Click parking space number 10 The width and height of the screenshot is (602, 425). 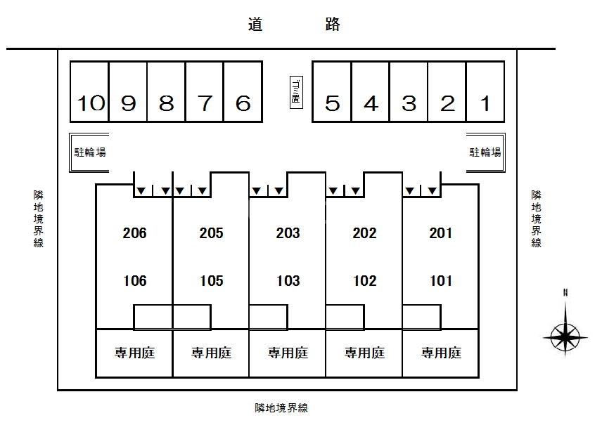90,103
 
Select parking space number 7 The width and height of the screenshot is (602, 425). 205,103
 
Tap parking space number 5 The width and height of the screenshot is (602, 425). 333,103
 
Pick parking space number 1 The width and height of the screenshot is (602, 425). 485,103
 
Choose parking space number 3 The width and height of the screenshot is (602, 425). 409,103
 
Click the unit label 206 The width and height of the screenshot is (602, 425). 134,233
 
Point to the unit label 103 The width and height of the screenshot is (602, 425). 288,281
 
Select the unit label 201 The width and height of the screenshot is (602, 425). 441,233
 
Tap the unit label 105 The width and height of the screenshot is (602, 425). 211,281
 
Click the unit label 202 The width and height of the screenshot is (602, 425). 364,233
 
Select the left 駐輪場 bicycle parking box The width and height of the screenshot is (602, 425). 90,152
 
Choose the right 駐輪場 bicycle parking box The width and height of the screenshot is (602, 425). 485,152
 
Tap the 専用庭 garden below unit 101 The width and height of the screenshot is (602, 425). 441,353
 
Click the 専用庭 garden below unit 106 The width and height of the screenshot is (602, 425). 134,353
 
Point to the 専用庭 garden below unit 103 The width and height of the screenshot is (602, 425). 288,353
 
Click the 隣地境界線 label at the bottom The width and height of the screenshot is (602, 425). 281,407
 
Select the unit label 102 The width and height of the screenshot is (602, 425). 364,281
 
